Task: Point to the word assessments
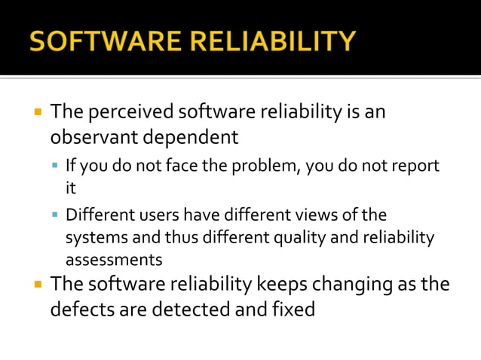[114, 260]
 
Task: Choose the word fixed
[291, 309]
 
